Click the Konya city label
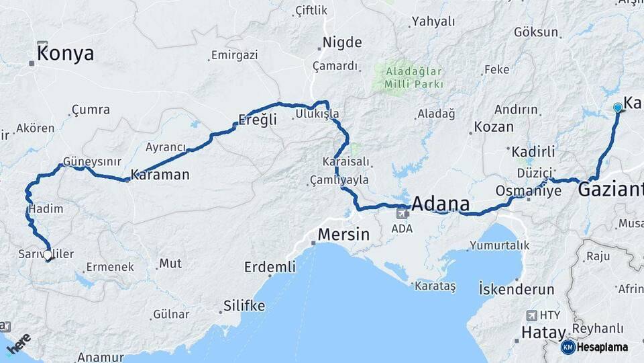point(65,54)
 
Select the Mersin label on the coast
point(343,235)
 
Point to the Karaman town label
point(160,175)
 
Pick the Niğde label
point(342,43)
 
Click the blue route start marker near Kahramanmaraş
point(618,107)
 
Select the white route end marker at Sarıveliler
point(48,255)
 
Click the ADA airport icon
point(402,214)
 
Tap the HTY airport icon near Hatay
point(533,315)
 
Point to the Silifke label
point(243,307)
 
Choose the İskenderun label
point(517,290)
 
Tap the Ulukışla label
point(317,114)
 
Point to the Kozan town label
point(494,126)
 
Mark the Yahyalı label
point(433,22)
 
